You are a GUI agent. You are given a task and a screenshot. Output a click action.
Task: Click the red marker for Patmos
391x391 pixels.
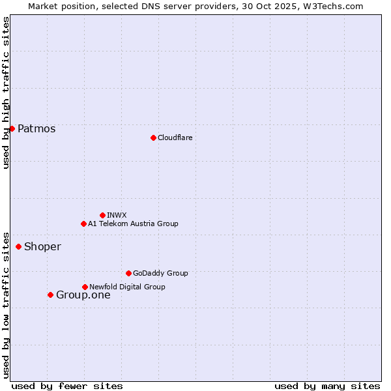coord(12,128)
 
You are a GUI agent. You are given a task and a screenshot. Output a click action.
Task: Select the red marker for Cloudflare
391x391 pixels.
coord(153,138)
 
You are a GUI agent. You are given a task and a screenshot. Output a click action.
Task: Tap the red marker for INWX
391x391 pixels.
coord(102,215)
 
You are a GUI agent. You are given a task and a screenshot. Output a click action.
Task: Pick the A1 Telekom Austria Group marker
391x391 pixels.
coord(83,224)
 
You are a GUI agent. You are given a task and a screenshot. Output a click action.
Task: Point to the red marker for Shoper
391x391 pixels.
coord(18,246)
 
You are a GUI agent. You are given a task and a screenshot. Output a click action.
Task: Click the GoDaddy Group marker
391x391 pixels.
coord(128,273)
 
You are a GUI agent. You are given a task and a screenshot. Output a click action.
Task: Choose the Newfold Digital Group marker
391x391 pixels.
coord(85,287)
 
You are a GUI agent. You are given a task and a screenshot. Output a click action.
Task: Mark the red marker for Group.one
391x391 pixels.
coord(50,295)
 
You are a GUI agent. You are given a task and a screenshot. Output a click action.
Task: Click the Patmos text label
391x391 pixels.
coord(36,129)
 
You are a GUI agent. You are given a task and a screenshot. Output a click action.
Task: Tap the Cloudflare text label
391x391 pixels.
coord(175,138)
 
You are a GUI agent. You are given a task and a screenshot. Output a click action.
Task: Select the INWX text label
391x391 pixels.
coord(117,215)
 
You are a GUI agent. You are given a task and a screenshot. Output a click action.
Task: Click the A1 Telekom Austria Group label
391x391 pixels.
coord(133,224)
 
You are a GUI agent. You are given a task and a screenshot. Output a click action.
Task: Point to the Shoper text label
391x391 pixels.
coord(42,247)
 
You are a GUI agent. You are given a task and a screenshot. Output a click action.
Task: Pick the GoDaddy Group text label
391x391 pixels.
coord(160,273)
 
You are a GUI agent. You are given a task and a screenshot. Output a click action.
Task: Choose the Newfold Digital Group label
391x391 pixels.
coord(127,287)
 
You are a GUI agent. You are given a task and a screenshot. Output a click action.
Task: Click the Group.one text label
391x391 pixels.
coord(83,295)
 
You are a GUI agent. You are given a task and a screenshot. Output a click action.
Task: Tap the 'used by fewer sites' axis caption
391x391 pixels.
coord(67,386)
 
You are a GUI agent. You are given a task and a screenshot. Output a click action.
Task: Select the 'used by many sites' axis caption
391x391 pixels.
coord(327,386)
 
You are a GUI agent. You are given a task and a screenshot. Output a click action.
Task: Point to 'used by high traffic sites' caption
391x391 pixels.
coord(6,93)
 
